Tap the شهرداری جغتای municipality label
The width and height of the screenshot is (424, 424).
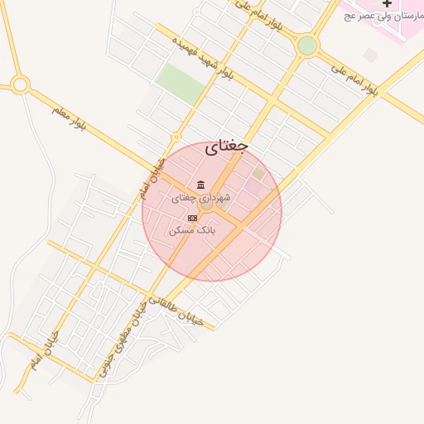click(x=201, y=199)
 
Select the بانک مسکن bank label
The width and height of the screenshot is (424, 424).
click(x=192, y=229)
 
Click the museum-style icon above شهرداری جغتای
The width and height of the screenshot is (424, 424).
click(x=200, y=185)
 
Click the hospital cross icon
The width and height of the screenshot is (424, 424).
click(x=387, y=4)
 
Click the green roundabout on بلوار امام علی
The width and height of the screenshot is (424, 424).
click(x=307, y=46)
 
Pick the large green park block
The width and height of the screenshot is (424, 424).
click(x=181, y=84)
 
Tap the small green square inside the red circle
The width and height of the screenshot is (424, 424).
click(x=259, y=172)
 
